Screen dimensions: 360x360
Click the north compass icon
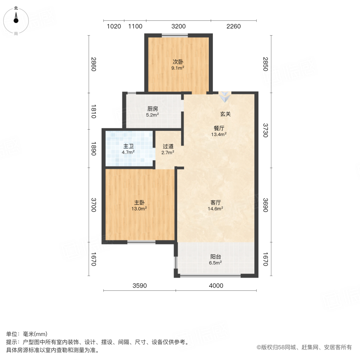(x=16, y=19)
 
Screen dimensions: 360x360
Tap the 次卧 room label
(x=178, y=62)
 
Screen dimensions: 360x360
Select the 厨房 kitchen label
(x=152, y=108)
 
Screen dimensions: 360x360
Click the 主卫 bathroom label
(x=128, y=146)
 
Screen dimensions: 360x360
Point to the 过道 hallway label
(x=168, y=146)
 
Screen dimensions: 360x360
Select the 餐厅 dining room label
(x=219, y=128)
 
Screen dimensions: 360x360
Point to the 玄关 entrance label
(x=226, y=114)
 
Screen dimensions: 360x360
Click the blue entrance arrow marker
(x=225, y=96)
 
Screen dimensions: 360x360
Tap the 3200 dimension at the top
(x=178, y=27)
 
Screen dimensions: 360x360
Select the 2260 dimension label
(x=234, y=27)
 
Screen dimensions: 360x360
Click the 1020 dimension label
(x=114, y=27)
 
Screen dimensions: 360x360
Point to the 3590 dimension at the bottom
(x=140, y=286)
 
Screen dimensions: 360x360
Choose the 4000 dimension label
(x=216, y=286)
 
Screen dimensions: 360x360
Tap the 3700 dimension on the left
(x=93, y=205)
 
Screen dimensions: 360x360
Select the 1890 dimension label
(x=93, y=148)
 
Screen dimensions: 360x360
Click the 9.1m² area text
(x=178, y=68)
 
